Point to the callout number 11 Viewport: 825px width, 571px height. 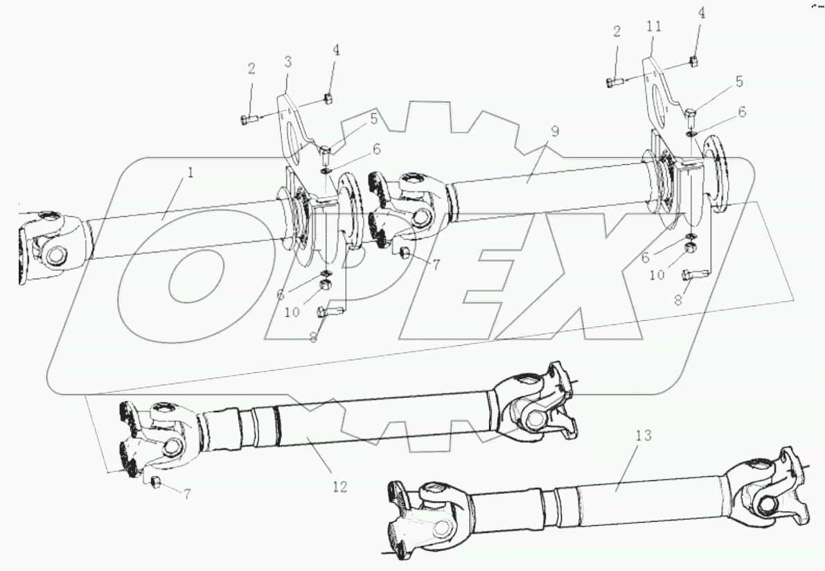(x=653, y=26)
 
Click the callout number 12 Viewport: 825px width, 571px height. (x=339, y=487)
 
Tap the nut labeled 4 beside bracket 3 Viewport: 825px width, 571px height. (x=330, y=98)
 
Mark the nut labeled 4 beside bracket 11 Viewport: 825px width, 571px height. (x=693, y=62)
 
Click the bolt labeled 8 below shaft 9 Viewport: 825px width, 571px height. (x=692, y=276)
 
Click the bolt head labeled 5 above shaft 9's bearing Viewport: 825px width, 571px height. (x=691, y=113)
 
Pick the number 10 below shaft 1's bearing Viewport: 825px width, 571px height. (x=292, y=313)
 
